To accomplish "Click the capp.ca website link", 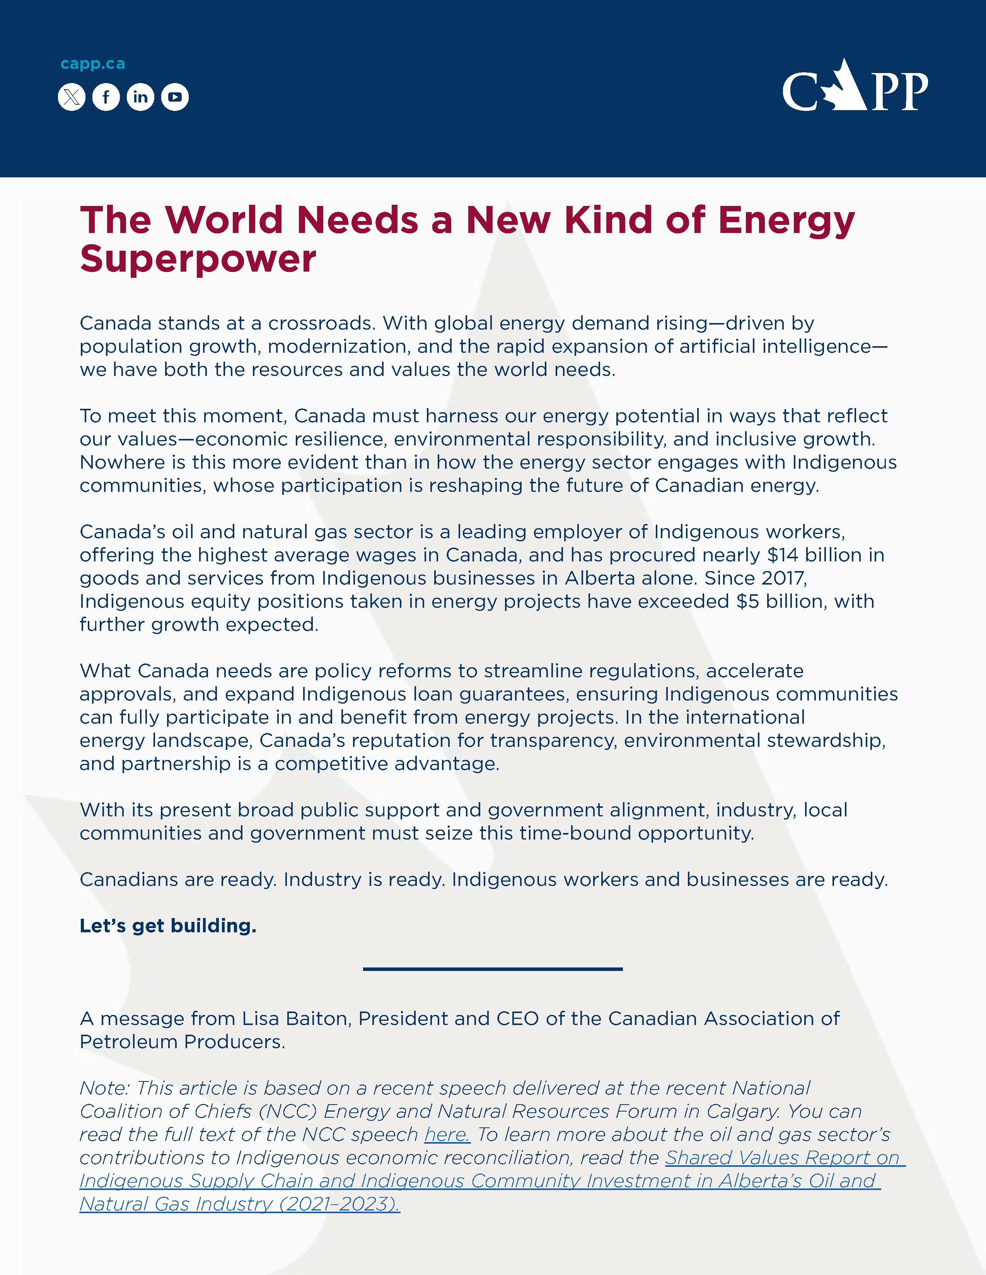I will point(92,64).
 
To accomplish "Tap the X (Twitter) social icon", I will point(71,97).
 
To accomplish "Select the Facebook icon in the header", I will point(106,97).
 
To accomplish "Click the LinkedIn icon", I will point(140,97).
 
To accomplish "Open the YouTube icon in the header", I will point(175,97).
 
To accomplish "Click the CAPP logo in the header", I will point(855,86).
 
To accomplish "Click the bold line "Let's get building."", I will point(168,926).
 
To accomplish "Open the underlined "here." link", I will point(447,1134).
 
